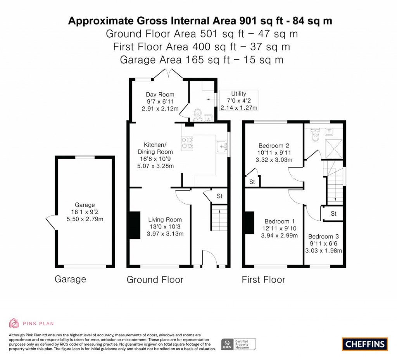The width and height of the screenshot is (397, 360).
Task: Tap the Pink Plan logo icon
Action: tap(14, 323)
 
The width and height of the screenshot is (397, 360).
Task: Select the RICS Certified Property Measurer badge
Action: tap(239, 344)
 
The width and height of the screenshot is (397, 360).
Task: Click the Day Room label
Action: tap(160, 94)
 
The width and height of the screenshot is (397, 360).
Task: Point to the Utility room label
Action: tap(239, 93)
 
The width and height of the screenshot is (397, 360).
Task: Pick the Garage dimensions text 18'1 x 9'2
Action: tap(85, 212)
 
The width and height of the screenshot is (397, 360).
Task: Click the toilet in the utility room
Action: tap(198, 114)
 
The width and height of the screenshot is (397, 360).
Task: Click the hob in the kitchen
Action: tap(187, 142)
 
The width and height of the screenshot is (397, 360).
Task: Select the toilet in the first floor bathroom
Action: tap(315, 135)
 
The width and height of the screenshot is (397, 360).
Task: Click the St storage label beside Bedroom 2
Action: tap(252, 182)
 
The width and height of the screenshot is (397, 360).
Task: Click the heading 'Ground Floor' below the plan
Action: tap(155, 280)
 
